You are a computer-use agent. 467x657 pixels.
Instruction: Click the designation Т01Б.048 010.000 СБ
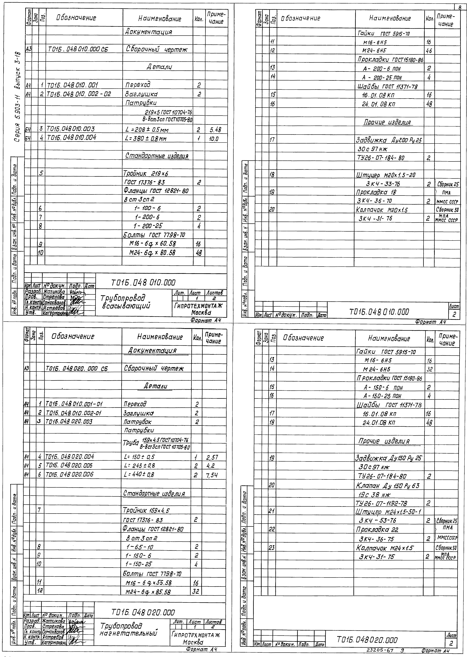[x=78, y=50]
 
